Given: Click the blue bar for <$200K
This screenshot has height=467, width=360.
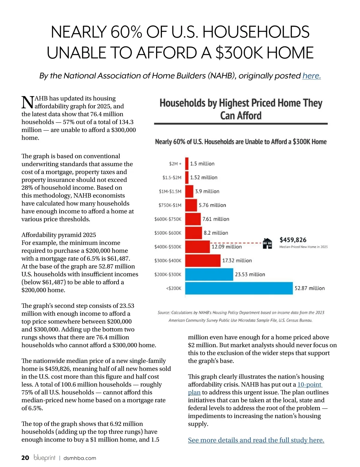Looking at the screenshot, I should pos(239,288).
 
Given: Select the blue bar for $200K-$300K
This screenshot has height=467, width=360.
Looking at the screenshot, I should pos(209,274).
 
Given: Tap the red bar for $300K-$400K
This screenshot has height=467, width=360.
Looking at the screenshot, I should pos(203,260).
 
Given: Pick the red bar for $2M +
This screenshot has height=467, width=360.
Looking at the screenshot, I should pos(187,164).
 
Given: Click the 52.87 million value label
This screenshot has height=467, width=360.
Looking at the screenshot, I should pos(310,288).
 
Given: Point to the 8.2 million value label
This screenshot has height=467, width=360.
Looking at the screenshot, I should pos(216,233).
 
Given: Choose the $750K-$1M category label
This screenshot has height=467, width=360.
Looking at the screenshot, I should pos(170,205).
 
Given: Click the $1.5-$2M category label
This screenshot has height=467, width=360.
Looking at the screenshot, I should pos(172,177).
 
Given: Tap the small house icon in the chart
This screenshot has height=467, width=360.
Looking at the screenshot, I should pos(267,243).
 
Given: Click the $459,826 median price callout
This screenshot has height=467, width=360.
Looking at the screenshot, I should pos(293,240).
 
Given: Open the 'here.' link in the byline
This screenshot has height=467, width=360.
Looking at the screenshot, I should pos(311,76).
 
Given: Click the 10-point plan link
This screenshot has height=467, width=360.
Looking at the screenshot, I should pos(309,385).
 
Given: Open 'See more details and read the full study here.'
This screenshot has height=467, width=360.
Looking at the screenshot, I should pos(256,440).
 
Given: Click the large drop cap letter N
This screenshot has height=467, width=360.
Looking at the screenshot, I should pos(27,103).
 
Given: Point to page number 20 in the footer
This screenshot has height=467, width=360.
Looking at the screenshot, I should pos(25,458).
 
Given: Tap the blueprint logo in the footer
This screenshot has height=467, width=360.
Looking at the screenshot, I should pos(44,458).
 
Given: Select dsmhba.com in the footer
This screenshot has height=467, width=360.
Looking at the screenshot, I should pos(79,458).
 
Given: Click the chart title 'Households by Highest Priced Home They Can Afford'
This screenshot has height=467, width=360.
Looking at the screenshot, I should pos(241,109).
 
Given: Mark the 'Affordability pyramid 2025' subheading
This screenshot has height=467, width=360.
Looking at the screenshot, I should pos(58,235).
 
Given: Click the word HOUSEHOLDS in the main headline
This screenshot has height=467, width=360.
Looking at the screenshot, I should pos(256,32).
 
